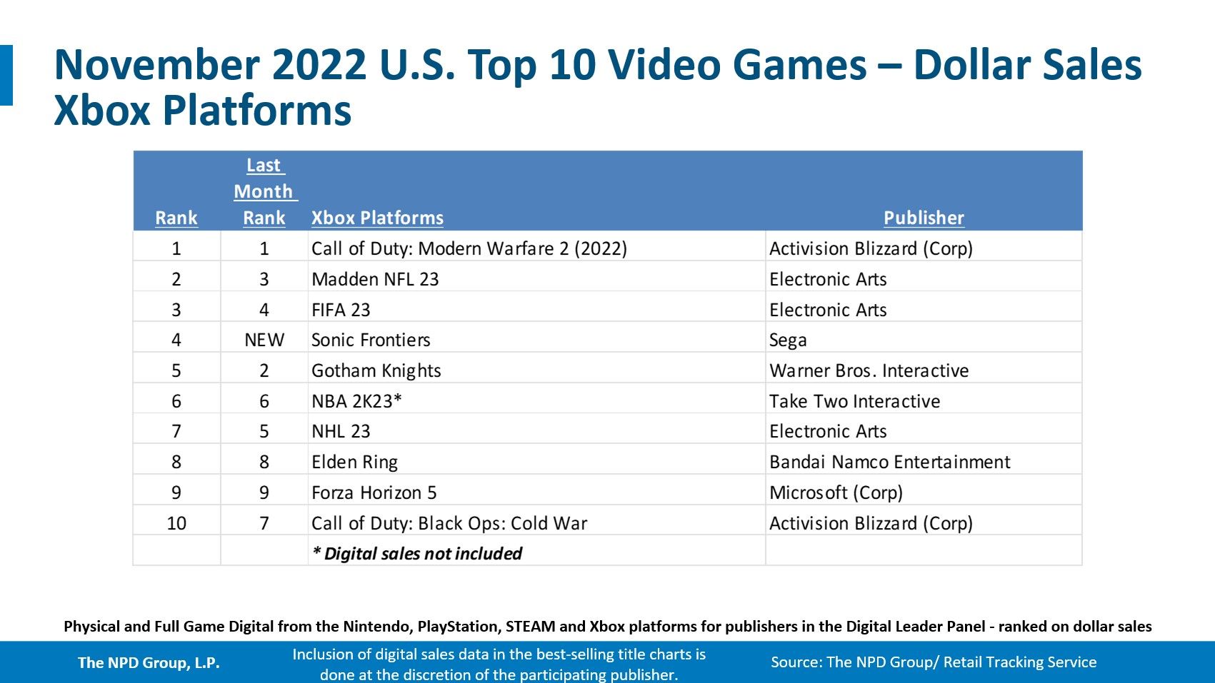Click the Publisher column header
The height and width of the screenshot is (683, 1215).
(924, 218)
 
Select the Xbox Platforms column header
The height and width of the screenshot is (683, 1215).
(377, 218)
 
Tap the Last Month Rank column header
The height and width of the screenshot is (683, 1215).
(264, 191)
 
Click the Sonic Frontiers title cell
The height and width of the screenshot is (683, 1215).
(371, 340)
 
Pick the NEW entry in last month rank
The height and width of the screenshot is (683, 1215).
(264, 340)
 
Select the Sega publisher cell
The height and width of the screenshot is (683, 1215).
(788, 340)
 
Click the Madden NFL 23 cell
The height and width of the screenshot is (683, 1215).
(375, 279)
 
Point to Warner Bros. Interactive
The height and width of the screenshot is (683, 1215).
(869, 370)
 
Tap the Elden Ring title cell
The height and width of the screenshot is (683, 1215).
(354, 462)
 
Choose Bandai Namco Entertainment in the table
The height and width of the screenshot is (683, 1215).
(889, 462)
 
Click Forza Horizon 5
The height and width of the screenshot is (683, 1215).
(374, 492)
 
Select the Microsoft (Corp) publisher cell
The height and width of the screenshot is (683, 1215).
(836, 492)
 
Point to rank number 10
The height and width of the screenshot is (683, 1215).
(176, 523)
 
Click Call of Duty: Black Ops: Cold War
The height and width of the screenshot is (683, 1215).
(449, 523)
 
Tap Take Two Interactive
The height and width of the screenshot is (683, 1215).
(854, 401)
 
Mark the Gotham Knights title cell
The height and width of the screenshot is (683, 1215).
(376, 370)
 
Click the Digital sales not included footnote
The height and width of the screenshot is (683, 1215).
(417, 554)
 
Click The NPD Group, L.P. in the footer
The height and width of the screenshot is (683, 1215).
(149, 662)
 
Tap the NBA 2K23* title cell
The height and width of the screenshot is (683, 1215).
(356, 401)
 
